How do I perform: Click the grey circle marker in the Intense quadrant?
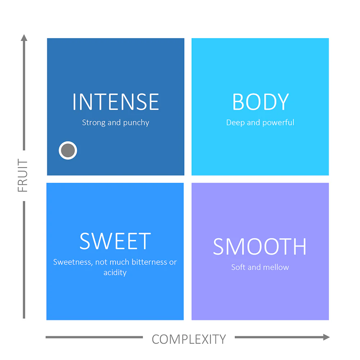(68, 150)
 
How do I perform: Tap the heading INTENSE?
(116, 102)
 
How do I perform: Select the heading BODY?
(260, 102)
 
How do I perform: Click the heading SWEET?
(115, 241)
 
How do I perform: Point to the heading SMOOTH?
(260, 246)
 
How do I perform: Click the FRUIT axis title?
(22, 175)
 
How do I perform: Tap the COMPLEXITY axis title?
(189, 339)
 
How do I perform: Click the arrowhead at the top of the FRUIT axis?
(24, 38)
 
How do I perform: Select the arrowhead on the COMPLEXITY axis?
(327, 337)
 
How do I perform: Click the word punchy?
(136, 123)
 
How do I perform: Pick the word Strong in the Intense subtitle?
(94, 123)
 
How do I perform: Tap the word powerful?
(278, 122)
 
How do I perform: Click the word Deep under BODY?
(235, 123)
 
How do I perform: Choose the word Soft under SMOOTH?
(238, 267)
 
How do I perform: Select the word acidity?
(115, 273)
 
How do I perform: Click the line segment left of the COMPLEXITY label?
(94, 337)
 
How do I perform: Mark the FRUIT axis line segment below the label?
(24, 260)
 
